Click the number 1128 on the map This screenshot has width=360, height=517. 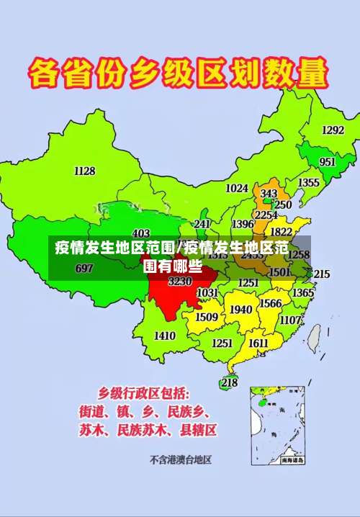(84, 171)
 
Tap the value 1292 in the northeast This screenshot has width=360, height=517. (333, 130)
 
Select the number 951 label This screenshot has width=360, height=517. (328, 162)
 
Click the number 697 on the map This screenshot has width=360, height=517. (84, 269)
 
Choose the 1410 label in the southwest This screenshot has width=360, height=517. (165, 336)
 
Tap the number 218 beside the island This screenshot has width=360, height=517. (229, 383)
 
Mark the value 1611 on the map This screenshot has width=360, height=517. (258, 343)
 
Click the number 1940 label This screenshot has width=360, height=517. (241, 310)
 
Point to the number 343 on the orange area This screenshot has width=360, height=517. (269, 194)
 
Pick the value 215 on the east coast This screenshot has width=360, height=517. (321, 274)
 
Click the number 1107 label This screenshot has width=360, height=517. (291, 320)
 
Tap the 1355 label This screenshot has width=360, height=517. (308, 183)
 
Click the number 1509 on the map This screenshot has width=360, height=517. (207, 317)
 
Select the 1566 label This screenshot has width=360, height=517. (271, 304)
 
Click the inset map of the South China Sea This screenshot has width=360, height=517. (278, 426)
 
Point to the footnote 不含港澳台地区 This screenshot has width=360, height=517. (180, 459)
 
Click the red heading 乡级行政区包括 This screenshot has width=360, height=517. (144, 393)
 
